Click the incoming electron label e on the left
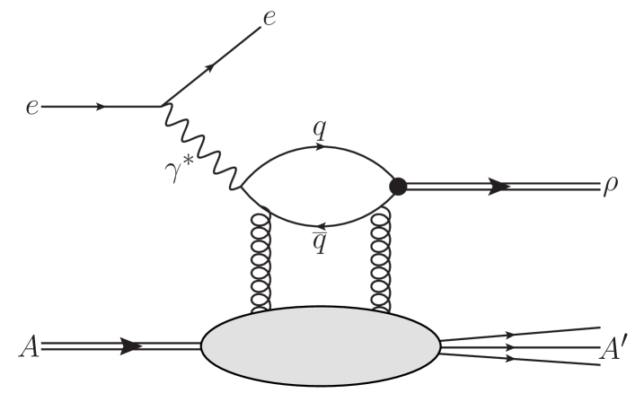(31, 108)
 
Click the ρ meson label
(613, 190)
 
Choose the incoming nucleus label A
(30, 345)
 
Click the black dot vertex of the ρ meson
(398, 187)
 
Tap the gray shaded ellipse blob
(320, 345)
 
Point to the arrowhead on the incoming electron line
(101, 107)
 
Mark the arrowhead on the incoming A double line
(130, 345)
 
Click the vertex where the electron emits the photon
(162, 106)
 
